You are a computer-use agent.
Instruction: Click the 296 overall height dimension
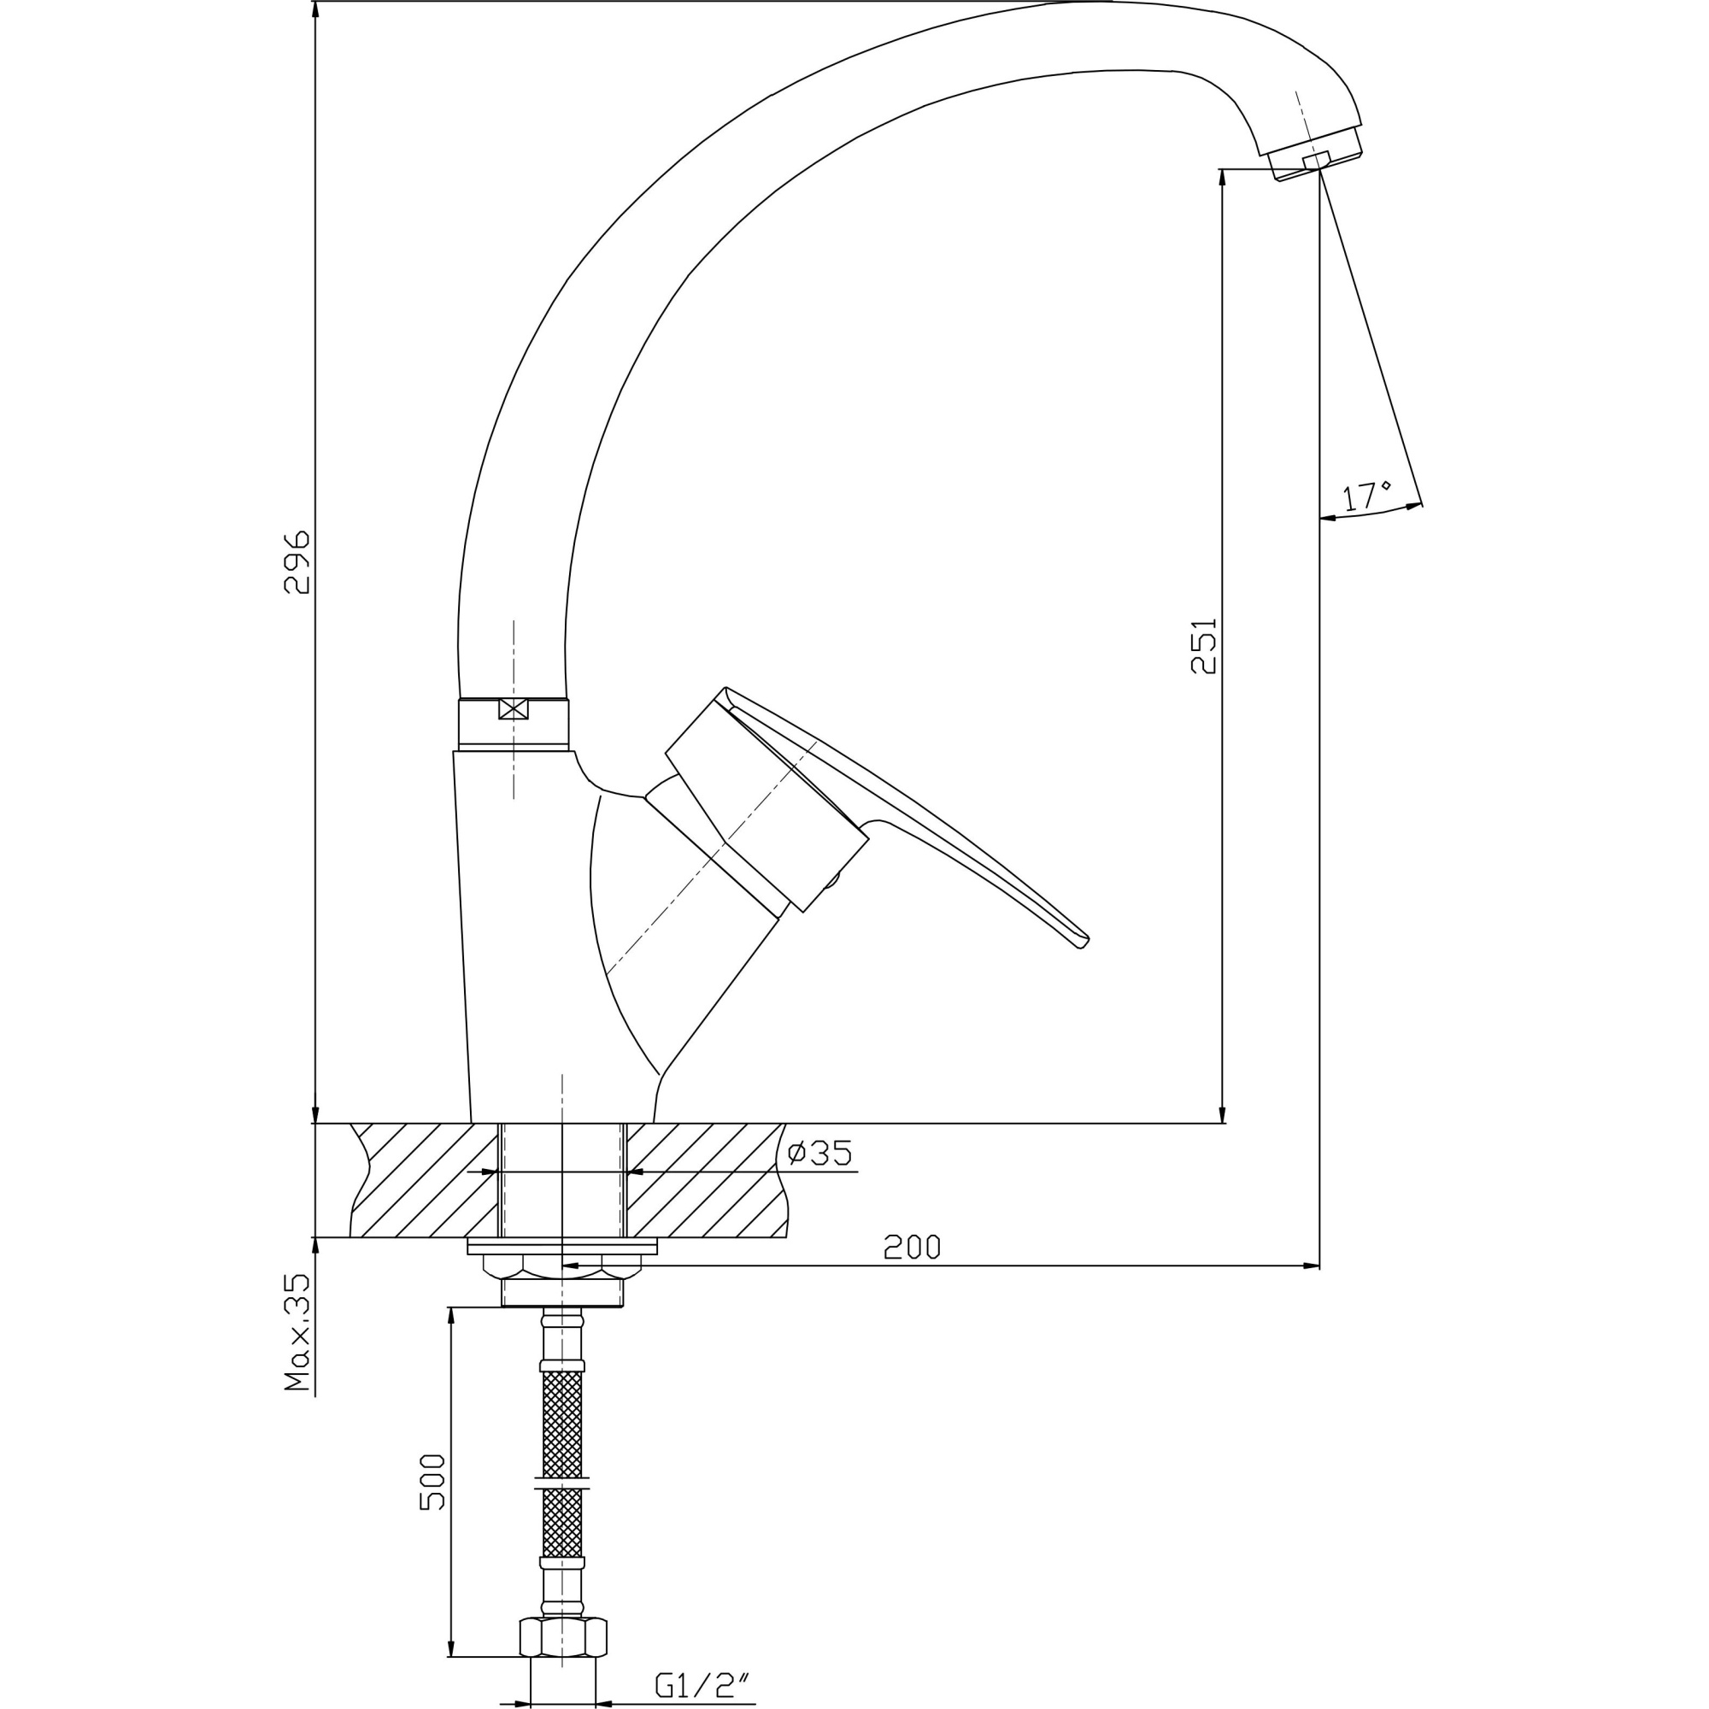297,562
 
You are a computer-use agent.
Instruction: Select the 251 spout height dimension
1204,646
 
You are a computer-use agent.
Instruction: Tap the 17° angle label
1365,496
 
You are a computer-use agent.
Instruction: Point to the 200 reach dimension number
912,1248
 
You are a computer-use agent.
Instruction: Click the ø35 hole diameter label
820,1154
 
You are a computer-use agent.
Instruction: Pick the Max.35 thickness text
298,1333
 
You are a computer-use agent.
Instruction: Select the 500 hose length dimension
432,1483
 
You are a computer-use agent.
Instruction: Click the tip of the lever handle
1082,943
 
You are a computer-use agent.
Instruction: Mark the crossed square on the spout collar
513,708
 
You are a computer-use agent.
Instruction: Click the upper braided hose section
562,1424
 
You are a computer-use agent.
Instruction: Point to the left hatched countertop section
425,1180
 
